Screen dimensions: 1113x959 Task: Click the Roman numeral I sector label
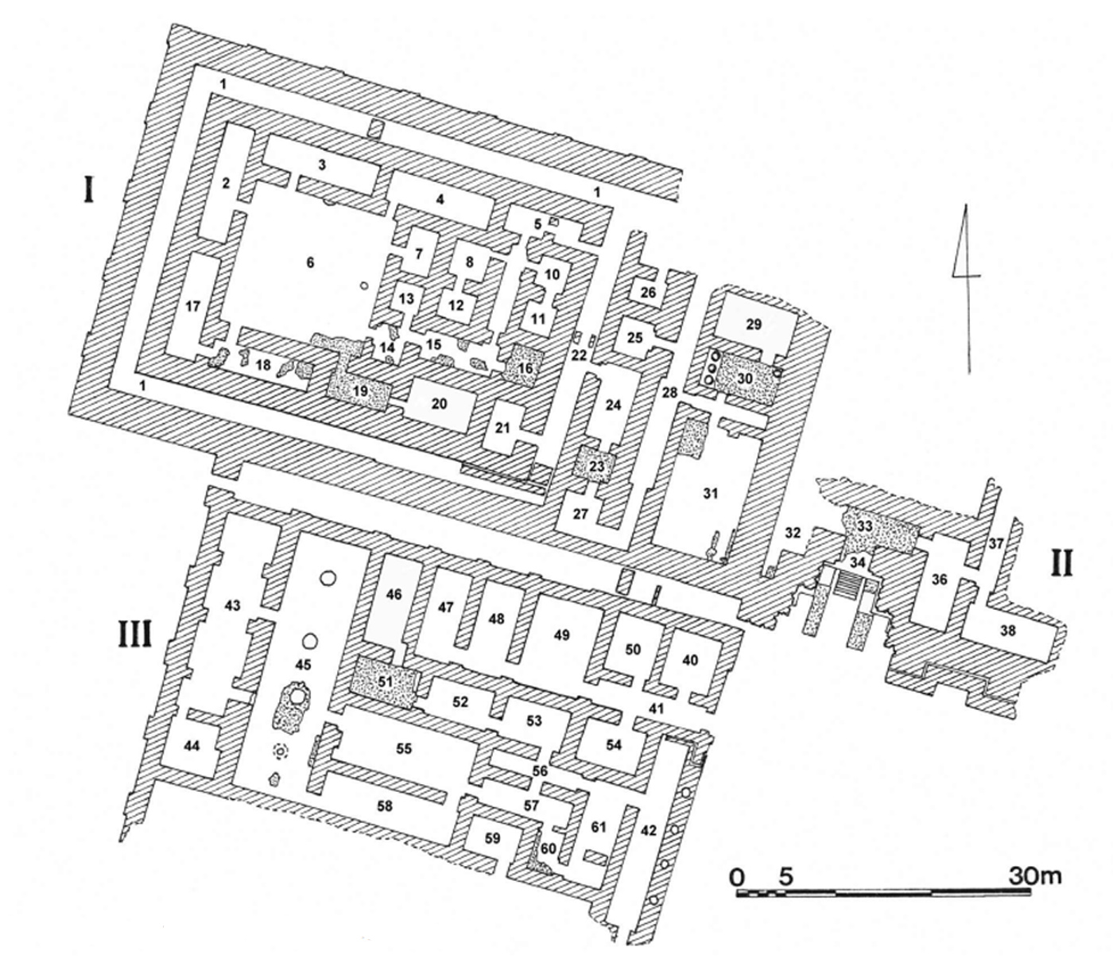coord(90,192)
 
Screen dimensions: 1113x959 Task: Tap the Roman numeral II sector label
coord(1061,562)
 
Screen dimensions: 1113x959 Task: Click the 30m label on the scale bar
coord(1034,876)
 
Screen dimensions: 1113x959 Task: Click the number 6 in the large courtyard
coord(311,262)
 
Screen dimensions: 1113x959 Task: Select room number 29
coord(754,324)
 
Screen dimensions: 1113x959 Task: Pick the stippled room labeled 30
coord(745,379)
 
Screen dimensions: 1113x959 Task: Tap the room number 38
coord(1008,631)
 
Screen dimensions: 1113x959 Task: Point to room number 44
coord(191,746)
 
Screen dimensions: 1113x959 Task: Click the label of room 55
coord(404,748)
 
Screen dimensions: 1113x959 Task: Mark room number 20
coord(439,404)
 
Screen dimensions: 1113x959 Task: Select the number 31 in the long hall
coord(710,494)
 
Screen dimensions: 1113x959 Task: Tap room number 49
coord(562,635)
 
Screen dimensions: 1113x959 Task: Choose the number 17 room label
coord(192,306)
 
